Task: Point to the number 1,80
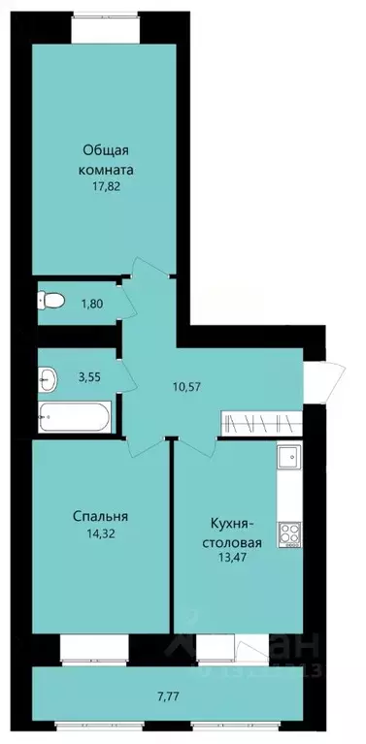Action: (x=90, y=304)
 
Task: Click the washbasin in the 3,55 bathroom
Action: (x=48, y=374)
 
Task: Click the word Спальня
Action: (x=100, y=516)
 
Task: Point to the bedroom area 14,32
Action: (x=100, y=533)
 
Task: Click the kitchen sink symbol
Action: (x=288, y=457)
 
